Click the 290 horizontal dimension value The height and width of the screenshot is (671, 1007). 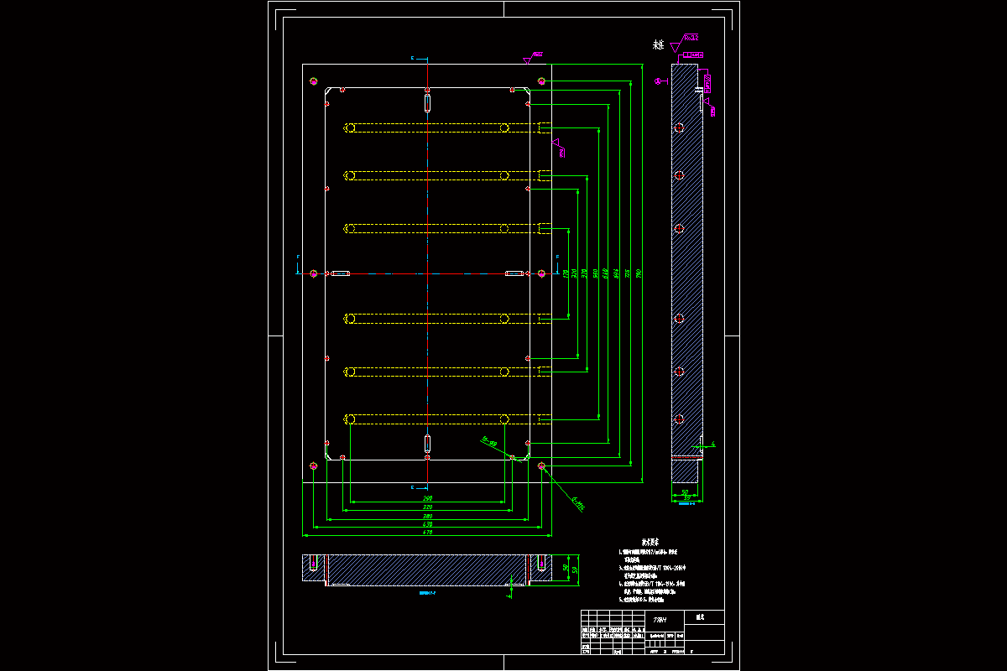click(x=427, y=499)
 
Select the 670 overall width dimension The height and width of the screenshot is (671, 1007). click(x=427, y=532)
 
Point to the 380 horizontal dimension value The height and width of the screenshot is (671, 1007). click(x=427, y=516)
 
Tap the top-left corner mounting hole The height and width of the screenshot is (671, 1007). click(x=313, y=81)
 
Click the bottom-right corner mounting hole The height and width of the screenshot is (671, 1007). click(x=541, y=466)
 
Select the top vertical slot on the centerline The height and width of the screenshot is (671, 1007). click(x=427, y=102)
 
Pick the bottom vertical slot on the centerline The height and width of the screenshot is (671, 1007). click(x=427, y=444)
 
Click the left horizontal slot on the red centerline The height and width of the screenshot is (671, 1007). click(x=340, y=273)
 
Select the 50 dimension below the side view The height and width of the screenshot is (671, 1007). click(x=685, y=492)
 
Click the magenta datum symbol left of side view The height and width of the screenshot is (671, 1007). click(x=659, y=81)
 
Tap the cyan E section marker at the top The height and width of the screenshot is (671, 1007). click(x=413, y=59)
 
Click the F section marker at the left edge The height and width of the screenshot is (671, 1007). click(x=298, y=257)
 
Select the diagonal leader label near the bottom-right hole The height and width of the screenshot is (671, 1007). click(x=577, y=503)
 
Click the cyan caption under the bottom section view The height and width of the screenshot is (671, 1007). click(x=429, y=592)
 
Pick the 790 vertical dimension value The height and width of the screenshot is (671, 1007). click(x=639, y=273)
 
